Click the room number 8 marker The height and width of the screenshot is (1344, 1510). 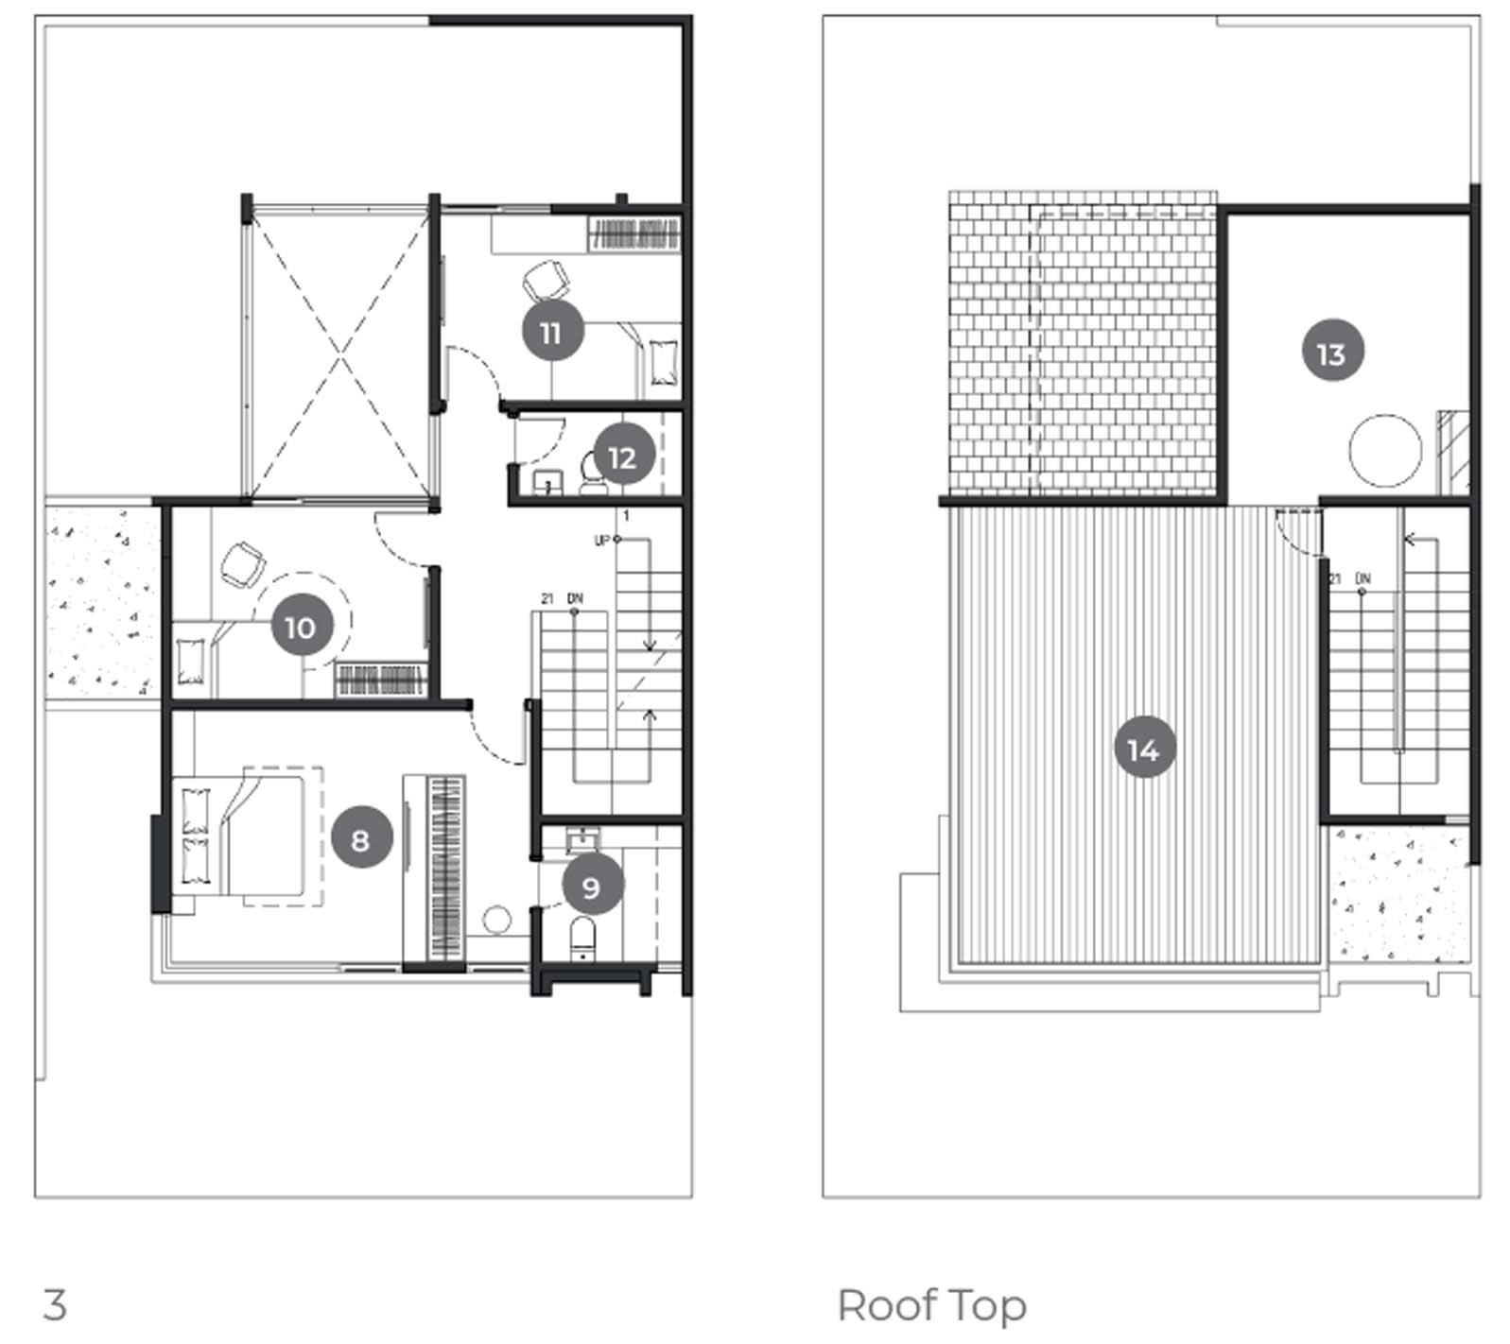[361, 837]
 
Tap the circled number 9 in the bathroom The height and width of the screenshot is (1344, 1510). [593, 885]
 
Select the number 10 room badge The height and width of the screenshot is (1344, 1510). [302, 626]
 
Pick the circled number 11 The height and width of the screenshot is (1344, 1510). [552, 331]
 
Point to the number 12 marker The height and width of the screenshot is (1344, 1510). [623, 457]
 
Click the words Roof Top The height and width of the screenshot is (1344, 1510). [931, 1306]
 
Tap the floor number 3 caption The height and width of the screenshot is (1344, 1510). [55, 1305]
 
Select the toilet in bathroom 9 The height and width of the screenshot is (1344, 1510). [582, 938]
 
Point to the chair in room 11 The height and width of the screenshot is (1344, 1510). [546, 281]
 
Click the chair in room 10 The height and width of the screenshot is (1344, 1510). [242, 565]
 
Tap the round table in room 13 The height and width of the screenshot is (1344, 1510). [1385, 451]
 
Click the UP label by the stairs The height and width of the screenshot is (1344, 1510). [602, 541]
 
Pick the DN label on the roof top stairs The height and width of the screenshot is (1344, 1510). [1362, 577]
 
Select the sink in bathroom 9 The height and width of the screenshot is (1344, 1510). [582, 839]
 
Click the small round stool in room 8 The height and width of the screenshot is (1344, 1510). [496, 920]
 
